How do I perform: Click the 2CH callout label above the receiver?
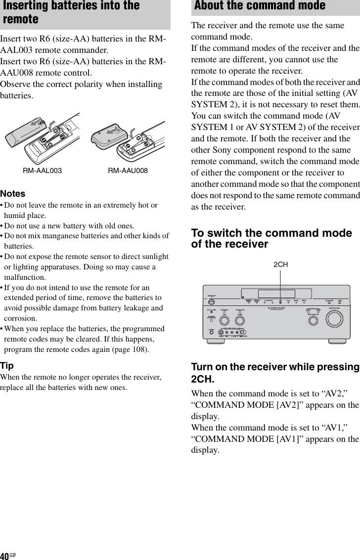(x=280, y=264)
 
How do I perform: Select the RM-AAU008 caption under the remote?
(x=128, y=171)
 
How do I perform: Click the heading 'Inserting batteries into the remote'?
(x=71, y=12)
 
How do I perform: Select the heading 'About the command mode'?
(x=260, y=6)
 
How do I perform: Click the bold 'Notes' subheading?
(x=13, y=194)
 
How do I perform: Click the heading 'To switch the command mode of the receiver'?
(x=271, y=238)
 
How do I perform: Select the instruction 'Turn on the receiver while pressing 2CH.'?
(x=275, y=373)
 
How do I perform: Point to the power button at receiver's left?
(x=211, y=302)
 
